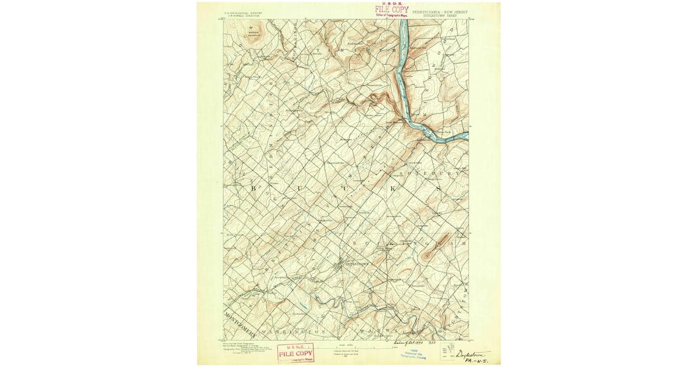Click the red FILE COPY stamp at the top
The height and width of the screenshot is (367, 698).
click(391, 10)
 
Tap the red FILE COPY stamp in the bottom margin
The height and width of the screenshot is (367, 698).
click(295, 352)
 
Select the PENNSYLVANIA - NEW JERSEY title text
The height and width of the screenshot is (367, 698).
click(440, 10)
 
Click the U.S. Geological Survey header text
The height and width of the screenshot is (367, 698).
click(240, 12)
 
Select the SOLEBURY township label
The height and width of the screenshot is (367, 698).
click(437, 173)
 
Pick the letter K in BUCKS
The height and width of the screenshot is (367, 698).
click(394, 189)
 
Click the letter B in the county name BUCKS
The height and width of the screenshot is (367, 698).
click(254, 188)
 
